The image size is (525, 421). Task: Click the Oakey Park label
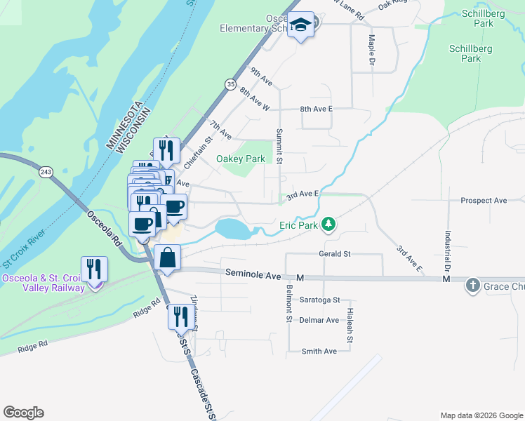[241, 159]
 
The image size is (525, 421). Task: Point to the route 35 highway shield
[230, 84]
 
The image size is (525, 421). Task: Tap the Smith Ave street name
[319, 351]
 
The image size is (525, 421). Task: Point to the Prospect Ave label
[484, 201]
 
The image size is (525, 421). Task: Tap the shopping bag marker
[168, 258]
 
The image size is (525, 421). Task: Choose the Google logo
[23, 413]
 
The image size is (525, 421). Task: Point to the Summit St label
[279, 146]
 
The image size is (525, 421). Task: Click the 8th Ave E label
[316, 109]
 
